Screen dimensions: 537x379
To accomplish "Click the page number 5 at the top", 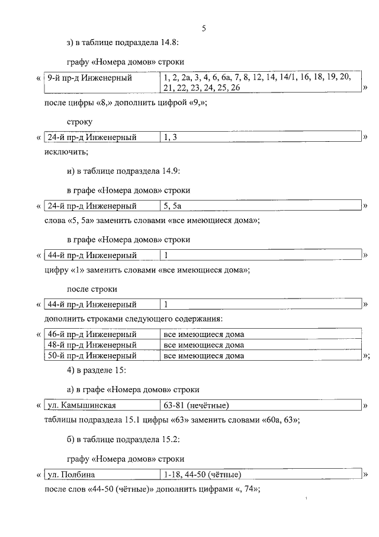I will (204, 28).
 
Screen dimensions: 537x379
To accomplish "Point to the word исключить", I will (66, 152).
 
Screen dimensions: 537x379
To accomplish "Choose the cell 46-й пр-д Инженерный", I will (92, 334).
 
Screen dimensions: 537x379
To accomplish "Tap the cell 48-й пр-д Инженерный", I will (92, 345).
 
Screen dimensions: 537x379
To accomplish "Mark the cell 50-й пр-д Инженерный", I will (92, 355).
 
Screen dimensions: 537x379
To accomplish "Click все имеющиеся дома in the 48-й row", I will (204, 345).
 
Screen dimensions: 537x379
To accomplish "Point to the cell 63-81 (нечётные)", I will (196, 406).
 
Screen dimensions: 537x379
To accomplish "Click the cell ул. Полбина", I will (72, 475).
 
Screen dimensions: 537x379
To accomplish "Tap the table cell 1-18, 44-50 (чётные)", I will (202, 475).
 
